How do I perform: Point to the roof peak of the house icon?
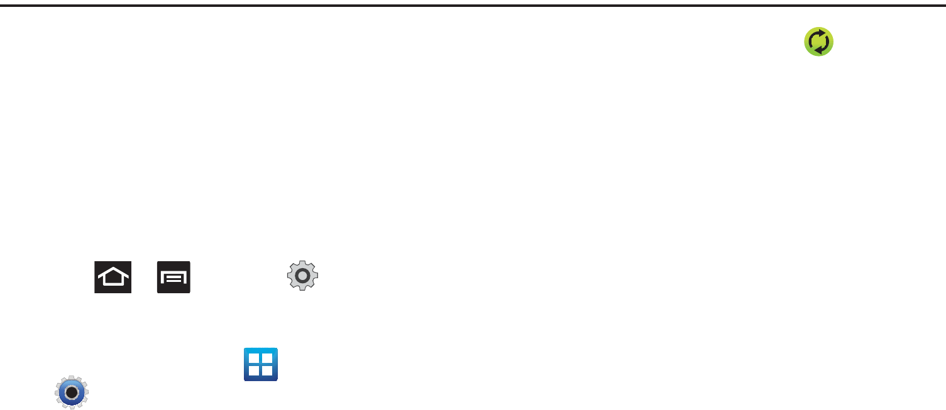pyautogui.click(x=113, y=269)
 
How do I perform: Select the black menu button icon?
pyautogui.click(x=173, y=277)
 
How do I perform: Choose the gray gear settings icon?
pyautogui.click(x=303, y=276)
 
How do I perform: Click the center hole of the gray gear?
pyautogui.click(x=303, y=276)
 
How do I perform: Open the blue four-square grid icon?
pyautogui.click(x=261, y=364)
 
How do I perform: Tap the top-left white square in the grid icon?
pyautogui.click(x=255, y=359)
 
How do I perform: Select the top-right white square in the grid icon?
pyautogui.click(x=267, y=359)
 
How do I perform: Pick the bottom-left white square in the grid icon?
pyautogui.click(x=255, y=370)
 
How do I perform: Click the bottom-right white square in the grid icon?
pyautogui.click(x=267, y=370)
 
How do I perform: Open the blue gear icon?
pyautogui.click(x=72, y=393)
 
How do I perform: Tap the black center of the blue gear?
pyautogui.click(x=72, y=393)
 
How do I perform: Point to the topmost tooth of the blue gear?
pyautogui.click(x=72, y=378)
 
